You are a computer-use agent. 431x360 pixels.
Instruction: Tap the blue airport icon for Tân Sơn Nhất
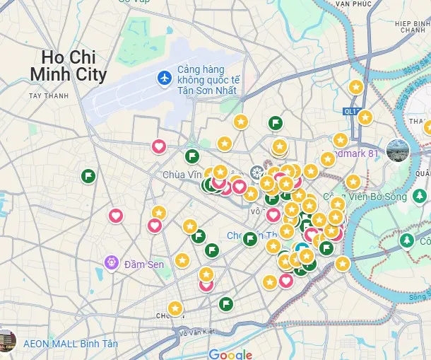tap(165, 76)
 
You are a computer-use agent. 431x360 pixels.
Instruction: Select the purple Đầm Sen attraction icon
tap(110, 263)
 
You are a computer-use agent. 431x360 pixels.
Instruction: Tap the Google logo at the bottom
tap(230, 354)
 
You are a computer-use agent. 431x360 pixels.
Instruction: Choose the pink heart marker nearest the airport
tap(159, 146)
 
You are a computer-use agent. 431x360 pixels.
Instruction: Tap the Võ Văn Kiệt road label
tap(197, 332)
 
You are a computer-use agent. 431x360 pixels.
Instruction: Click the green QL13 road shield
tap(350, 111)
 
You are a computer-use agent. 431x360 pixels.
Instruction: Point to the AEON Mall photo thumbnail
tap(6, 341)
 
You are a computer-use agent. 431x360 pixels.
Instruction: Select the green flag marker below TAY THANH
tap(88, 175)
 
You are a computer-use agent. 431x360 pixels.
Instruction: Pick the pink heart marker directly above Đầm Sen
tap(116, 215)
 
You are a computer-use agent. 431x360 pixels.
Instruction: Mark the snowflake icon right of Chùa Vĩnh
tap(256, 172)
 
